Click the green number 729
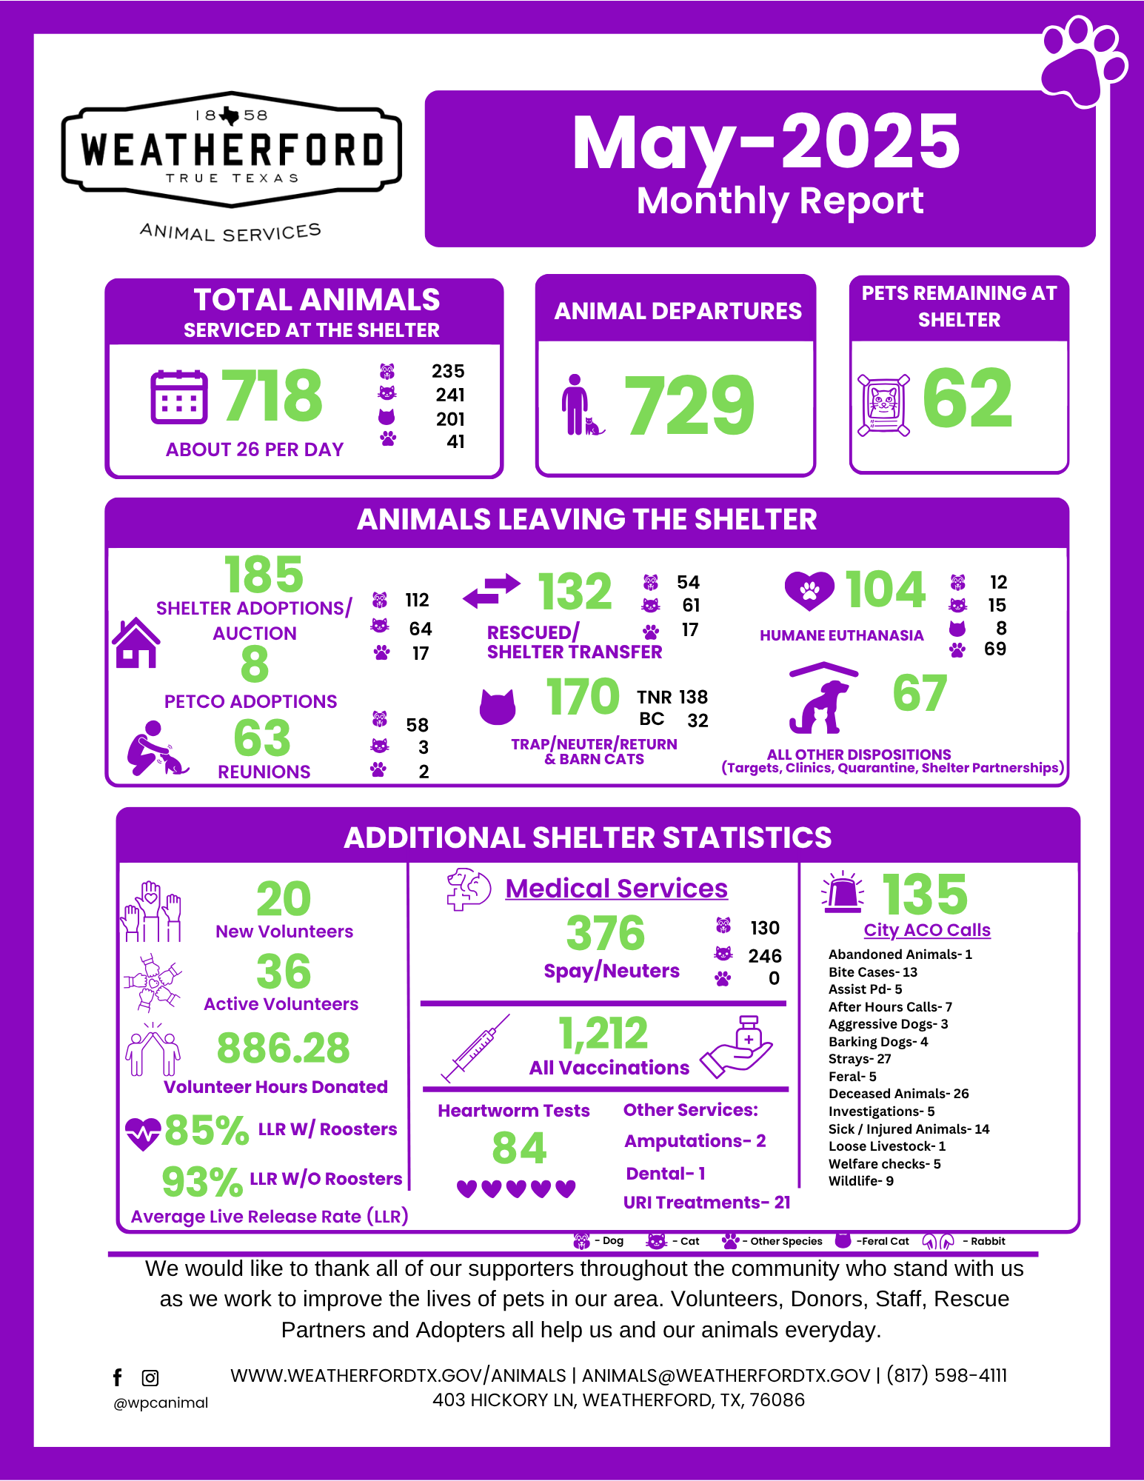(x=689, y=405)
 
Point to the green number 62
(x=967, y=399)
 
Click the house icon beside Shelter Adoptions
(x=136, y=643)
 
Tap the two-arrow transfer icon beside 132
(x=492, y=590)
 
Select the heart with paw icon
(x=809, y=590)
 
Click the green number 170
(x=582, y=697)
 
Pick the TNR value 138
(x=693, y=697)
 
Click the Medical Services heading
(x=616, y=888)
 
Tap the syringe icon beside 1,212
(x=475, y=1047)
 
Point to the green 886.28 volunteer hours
(x=283, y=1048)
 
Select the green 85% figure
(x=207, y=1130)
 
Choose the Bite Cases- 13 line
(x=872, y=972)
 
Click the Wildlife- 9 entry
(x=860, y=1180)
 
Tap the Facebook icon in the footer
(x=117, y=1377)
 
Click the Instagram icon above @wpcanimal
(x=150, y=1378)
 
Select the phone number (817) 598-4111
(x=946, y=1375)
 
